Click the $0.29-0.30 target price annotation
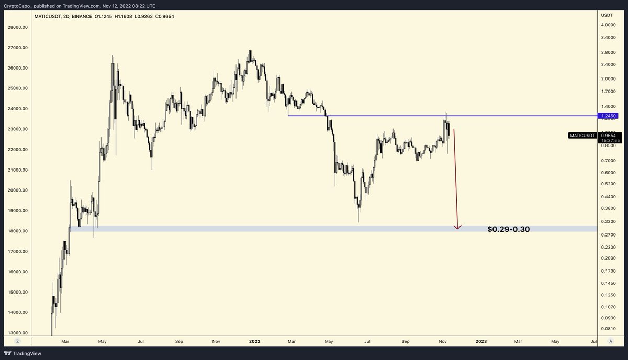pyautogui.click(x=508, y=229)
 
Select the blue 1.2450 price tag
pyautogui.click(x=609, y=116)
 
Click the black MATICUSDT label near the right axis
pyautogui.click(x=581, y=136)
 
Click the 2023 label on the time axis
pyautogui.click(x=481, y=341)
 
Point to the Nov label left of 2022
pyautogui.click(x=216, y=341)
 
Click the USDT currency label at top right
pyautogui.click(x=608, y=15)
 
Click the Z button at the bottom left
pyautogui.click(x=17, y=341)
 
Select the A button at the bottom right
pyautogui.click(x=610, y=341)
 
